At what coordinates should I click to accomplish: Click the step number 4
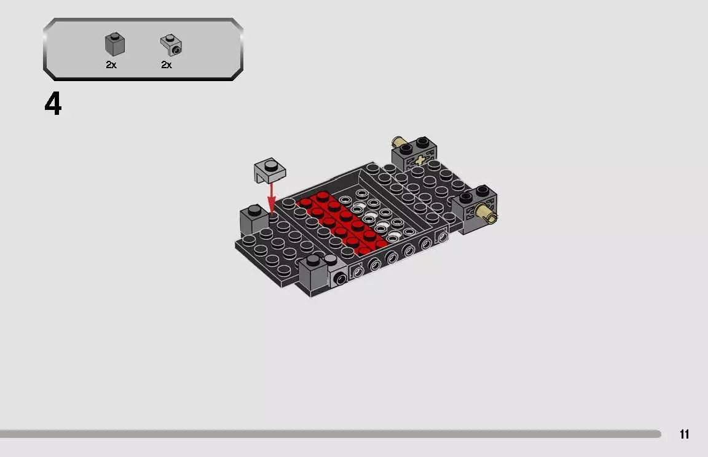[53, 105]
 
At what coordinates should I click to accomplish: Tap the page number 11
[684, 435]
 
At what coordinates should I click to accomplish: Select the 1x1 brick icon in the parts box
[114, 45]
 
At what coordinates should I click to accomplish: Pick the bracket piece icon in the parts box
[171, 45]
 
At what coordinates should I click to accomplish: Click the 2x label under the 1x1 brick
[111, 64]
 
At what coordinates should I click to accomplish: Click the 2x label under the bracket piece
[167, 64]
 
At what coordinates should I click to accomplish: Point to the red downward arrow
[270, 197]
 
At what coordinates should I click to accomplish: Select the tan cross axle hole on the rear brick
[420, 160]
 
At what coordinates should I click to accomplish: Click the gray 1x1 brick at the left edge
[253, 219]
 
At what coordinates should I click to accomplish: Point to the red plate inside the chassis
[341, 221]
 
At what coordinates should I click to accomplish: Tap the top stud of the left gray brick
[253, 209]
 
